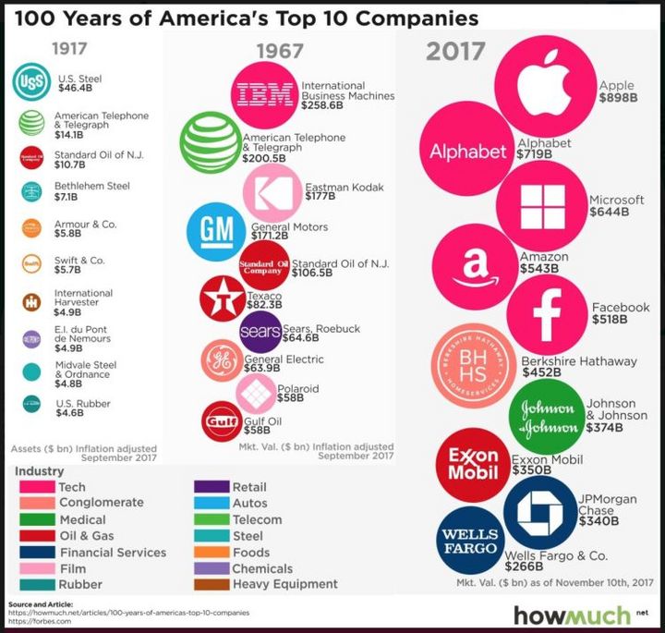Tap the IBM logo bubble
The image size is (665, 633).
[265, 92]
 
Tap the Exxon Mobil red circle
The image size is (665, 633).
[473, 464]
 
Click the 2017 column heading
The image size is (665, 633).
[455, 52]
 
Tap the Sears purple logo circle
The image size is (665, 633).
[260, 332]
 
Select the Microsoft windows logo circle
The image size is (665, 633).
[541, 204]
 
